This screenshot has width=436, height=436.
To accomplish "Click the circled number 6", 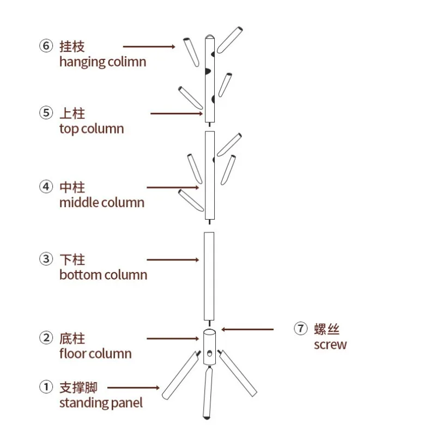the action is (46, 46).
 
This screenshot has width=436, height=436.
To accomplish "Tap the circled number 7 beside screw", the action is (301, 329).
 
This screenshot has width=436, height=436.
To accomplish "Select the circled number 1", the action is (46, 387).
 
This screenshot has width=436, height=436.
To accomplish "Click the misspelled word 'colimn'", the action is (127, 62).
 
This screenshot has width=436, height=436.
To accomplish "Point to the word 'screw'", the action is (330, 345).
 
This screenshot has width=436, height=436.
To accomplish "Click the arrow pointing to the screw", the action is (247, 330).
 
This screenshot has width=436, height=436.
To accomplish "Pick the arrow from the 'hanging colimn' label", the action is (149, 46).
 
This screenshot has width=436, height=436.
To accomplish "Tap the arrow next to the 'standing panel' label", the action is (134, 387).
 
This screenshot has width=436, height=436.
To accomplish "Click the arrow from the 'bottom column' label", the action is (173, 260).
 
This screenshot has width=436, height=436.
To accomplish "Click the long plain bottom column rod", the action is (209, 276).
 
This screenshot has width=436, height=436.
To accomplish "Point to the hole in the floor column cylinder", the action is (210, 353).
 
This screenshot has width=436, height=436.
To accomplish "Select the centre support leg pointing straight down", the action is (208, 392).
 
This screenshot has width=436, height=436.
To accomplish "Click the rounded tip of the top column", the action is (210, 37).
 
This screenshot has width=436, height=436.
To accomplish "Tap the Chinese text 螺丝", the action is (326, 329).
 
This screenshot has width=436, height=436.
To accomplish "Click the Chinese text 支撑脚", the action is (78, 387).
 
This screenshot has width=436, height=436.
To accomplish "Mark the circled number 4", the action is (46, 186).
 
